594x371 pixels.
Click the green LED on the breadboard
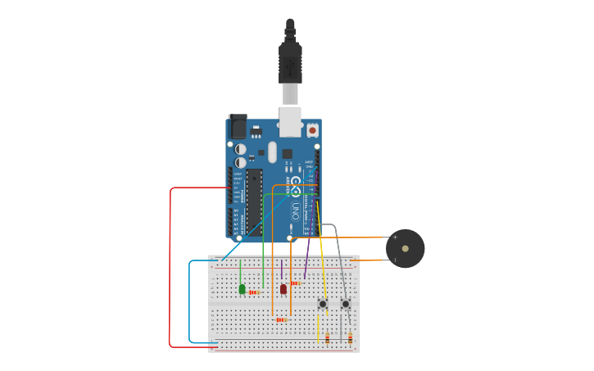[242, 288]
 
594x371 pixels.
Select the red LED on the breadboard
[283, 288]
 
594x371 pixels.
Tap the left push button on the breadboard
[323, 304]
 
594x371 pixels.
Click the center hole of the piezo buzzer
[406, 249]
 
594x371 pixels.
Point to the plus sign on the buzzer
[395, 238]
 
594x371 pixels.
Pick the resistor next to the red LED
[295, 283]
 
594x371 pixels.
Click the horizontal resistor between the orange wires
[281, 319]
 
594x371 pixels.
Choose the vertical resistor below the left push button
[328, 337]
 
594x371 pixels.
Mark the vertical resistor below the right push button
[351, 337]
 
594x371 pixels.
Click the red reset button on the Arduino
[312, 130]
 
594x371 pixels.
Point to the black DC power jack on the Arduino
[238, 126]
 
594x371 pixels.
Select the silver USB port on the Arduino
[290, 120]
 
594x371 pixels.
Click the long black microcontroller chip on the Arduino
[254, 201]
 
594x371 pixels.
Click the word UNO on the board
[296, 210]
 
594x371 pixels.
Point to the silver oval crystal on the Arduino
[273, 152]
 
